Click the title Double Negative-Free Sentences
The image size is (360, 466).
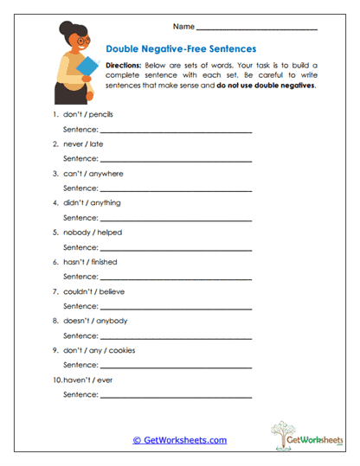(x=180, y=49)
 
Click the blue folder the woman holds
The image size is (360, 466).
(x=86, y=73)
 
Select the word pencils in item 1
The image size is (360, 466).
(x=100, y=114)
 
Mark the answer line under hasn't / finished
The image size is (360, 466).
(x=176, y=277)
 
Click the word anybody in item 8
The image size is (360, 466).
(x=111, y=321)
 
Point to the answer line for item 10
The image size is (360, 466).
(x=176, y=394)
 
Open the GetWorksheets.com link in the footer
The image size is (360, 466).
(x=179, y=440)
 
